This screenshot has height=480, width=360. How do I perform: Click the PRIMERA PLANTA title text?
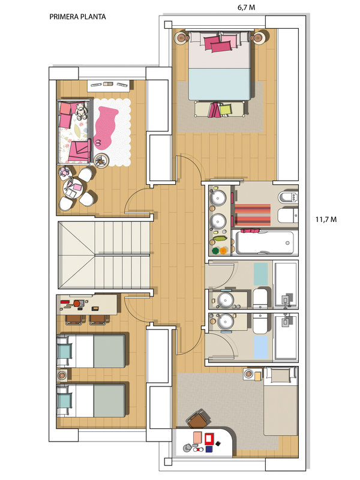pyautogui.click(x=77, y=17)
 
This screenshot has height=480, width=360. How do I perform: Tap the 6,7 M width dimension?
pyautogui.click(x=246, y=7)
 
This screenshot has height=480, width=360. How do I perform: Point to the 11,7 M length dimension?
pyautogui.click(x=326, y=220)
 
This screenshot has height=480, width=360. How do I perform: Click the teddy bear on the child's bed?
pyautogui.click(x=81, y=111)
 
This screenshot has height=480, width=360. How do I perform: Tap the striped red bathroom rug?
pyautogui.click(x=253, y=215)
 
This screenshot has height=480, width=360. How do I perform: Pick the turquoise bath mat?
pyautogui.click(x=260, y=274)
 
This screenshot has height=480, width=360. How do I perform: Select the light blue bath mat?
pyautogui.click(x=260, y=347)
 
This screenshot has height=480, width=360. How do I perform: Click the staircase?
pyautogui.click(x=104, y=255)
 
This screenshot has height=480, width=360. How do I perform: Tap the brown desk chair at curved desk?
pyautogui.click(x=198, y=419)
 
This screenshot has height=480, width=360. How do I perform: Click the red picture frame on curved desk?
pyautogui.click(x=209, y=439)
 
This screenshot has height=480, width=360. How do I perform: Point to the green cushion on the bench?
pyautogui.click(x=226, y=109)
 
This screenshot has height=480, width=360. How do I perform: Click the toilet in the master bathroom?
pyautogui.click(x=288, y=197)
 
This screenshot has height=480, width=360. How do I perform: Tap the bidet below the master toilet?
pyautogui.click(x=288, y=216)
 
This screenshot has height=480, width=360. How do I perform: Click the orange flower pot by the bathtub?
pyautogui.click(x=224, y=250)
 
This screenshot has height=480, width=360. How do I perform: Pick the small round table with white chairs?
pyautogui.click(x=73, y=188)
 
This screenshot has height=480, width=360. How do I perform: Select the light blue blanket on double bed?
pyautogui.click(x=220, y=84)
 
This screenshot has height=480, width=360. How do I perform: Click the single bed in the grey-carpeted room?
pyautogui.click(x=281, y=401)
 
